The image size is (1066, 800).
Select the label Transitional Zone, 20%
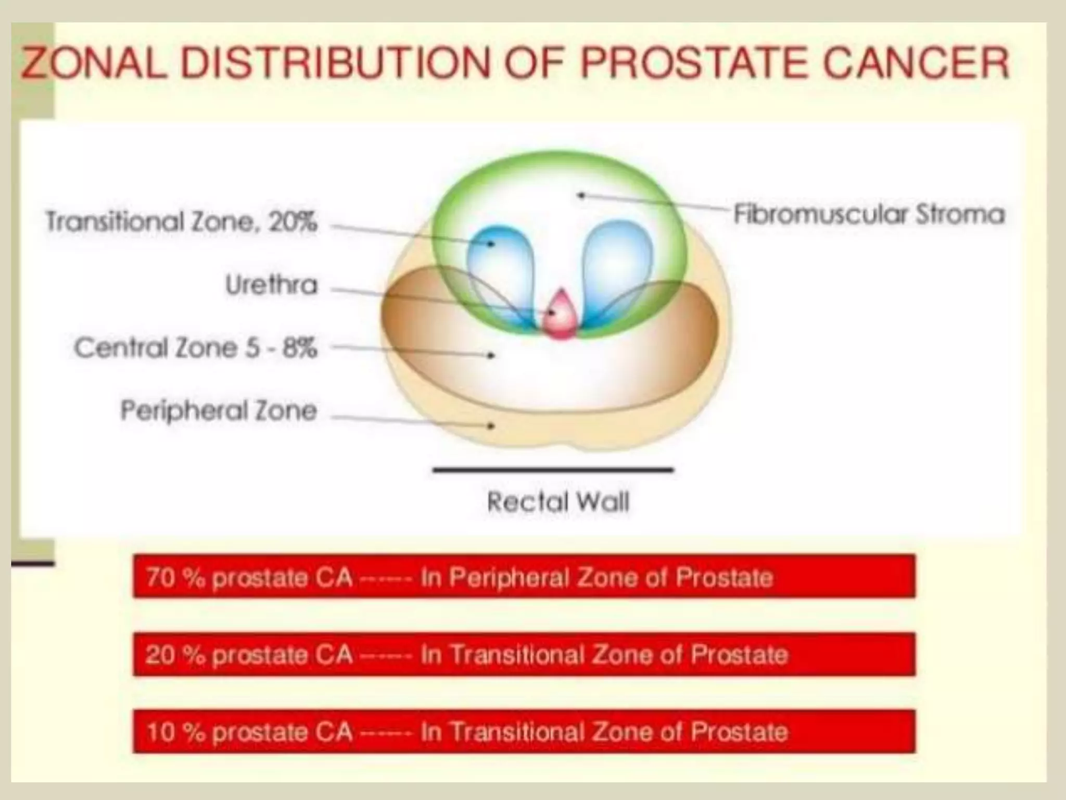181,222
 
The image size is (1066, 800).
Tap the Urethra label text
271,285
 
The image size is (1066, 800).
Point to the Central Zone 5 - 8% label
195,348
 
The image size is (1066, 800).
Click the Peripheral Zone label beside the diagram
219,411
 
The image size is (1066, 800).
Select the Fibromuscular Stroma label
869,214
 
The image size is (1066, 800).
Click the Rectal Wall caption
558,502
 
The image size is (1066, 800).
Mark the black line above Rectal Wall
553,470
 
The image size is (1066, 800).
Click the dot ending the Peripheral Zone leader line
490,426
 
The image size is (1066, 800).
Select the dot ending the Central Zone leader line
490,356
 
